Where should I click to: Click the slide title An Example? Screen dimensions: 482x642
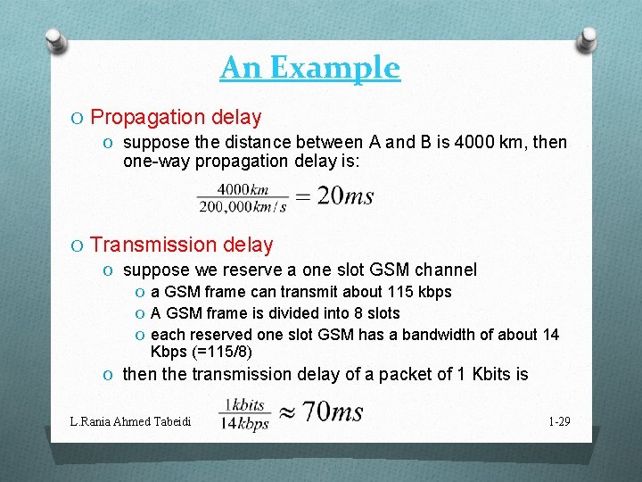[x=309, y=68]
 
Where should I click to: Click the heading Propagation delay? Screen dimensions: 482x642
[x=176, y=117]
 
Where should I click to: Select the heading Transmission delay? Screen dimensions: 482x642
[x=182, y=245]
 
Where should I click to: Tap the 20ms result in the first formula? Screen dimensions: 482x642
[x=345, y=196]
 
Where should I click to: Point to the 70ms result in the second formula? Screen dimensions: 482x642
[x=333, y=411]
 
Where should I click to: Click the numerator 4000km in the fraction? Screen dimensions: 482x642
[x=243, y=188]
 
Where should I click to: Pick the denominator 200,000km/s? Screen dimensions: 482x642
[x=243, y=206]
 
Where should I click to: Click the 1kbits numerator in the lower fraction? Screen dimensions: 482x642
[x=245, y=404]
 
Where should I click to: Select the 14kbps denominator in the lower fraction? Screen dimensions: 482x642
[x=245, y=424]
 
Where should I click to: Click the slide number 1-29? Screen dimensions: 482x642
[x=558, y=420]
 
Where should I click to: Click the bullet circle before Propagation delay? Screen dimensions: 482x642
[x=78, y=118]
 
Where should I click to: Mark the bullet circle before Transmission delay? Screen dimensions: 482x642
[x=78, y=245]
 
